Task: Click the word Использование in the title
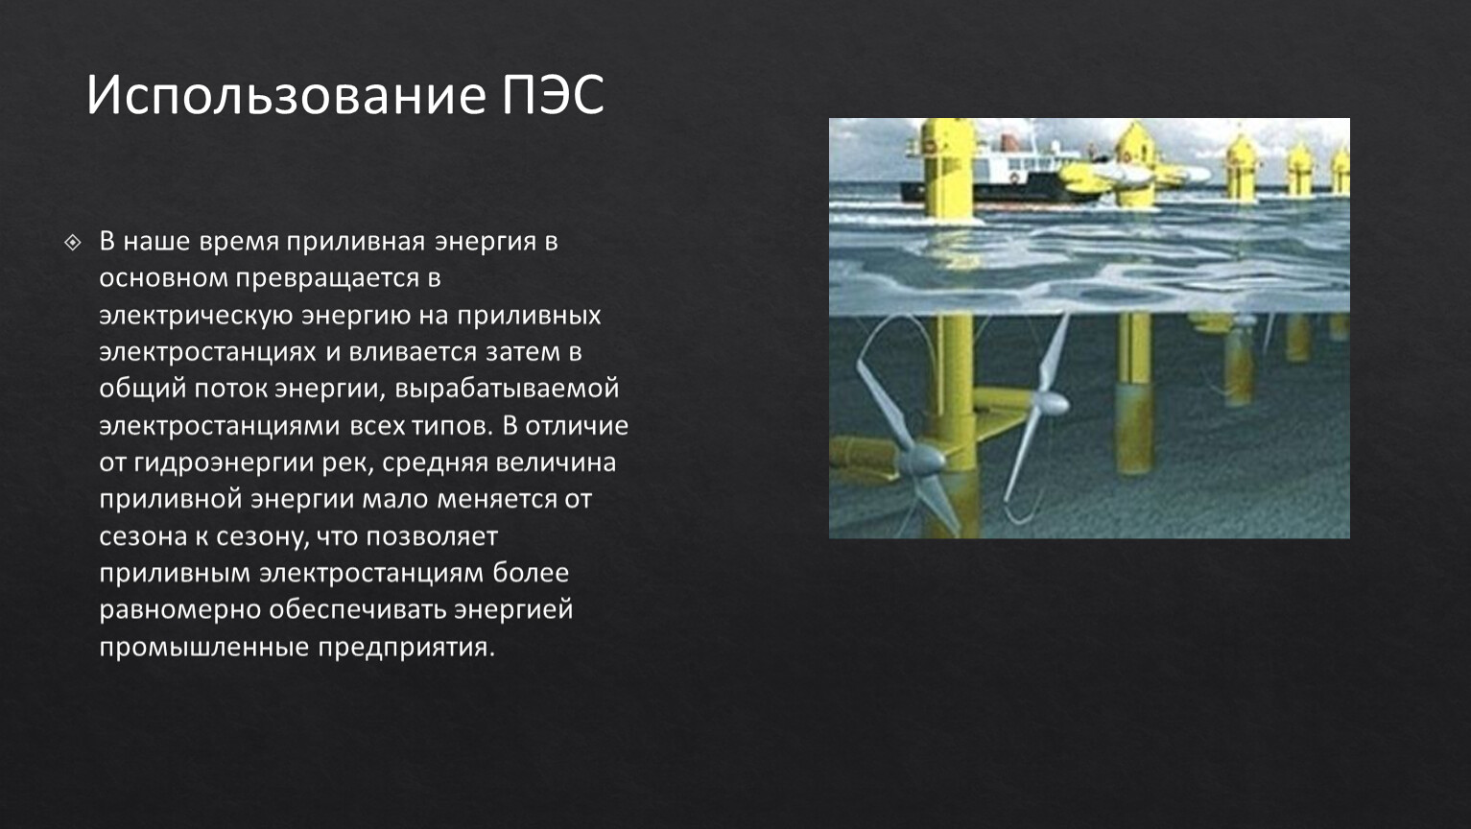click(286, 95)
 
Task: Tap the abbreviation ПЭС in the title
click(554, 95)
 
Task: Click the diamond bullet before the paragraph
click(73, 243)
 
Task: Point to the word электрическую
click(196, 316)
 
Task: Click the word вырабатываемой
click(507, 389)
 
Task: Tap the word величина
click(556, 462)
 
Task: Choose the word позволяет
click(432, 536)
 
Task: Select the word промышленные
click(204, 648)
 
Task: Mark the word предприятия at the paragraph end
click(407, 648)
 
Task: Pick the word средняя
click(435, 463)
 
